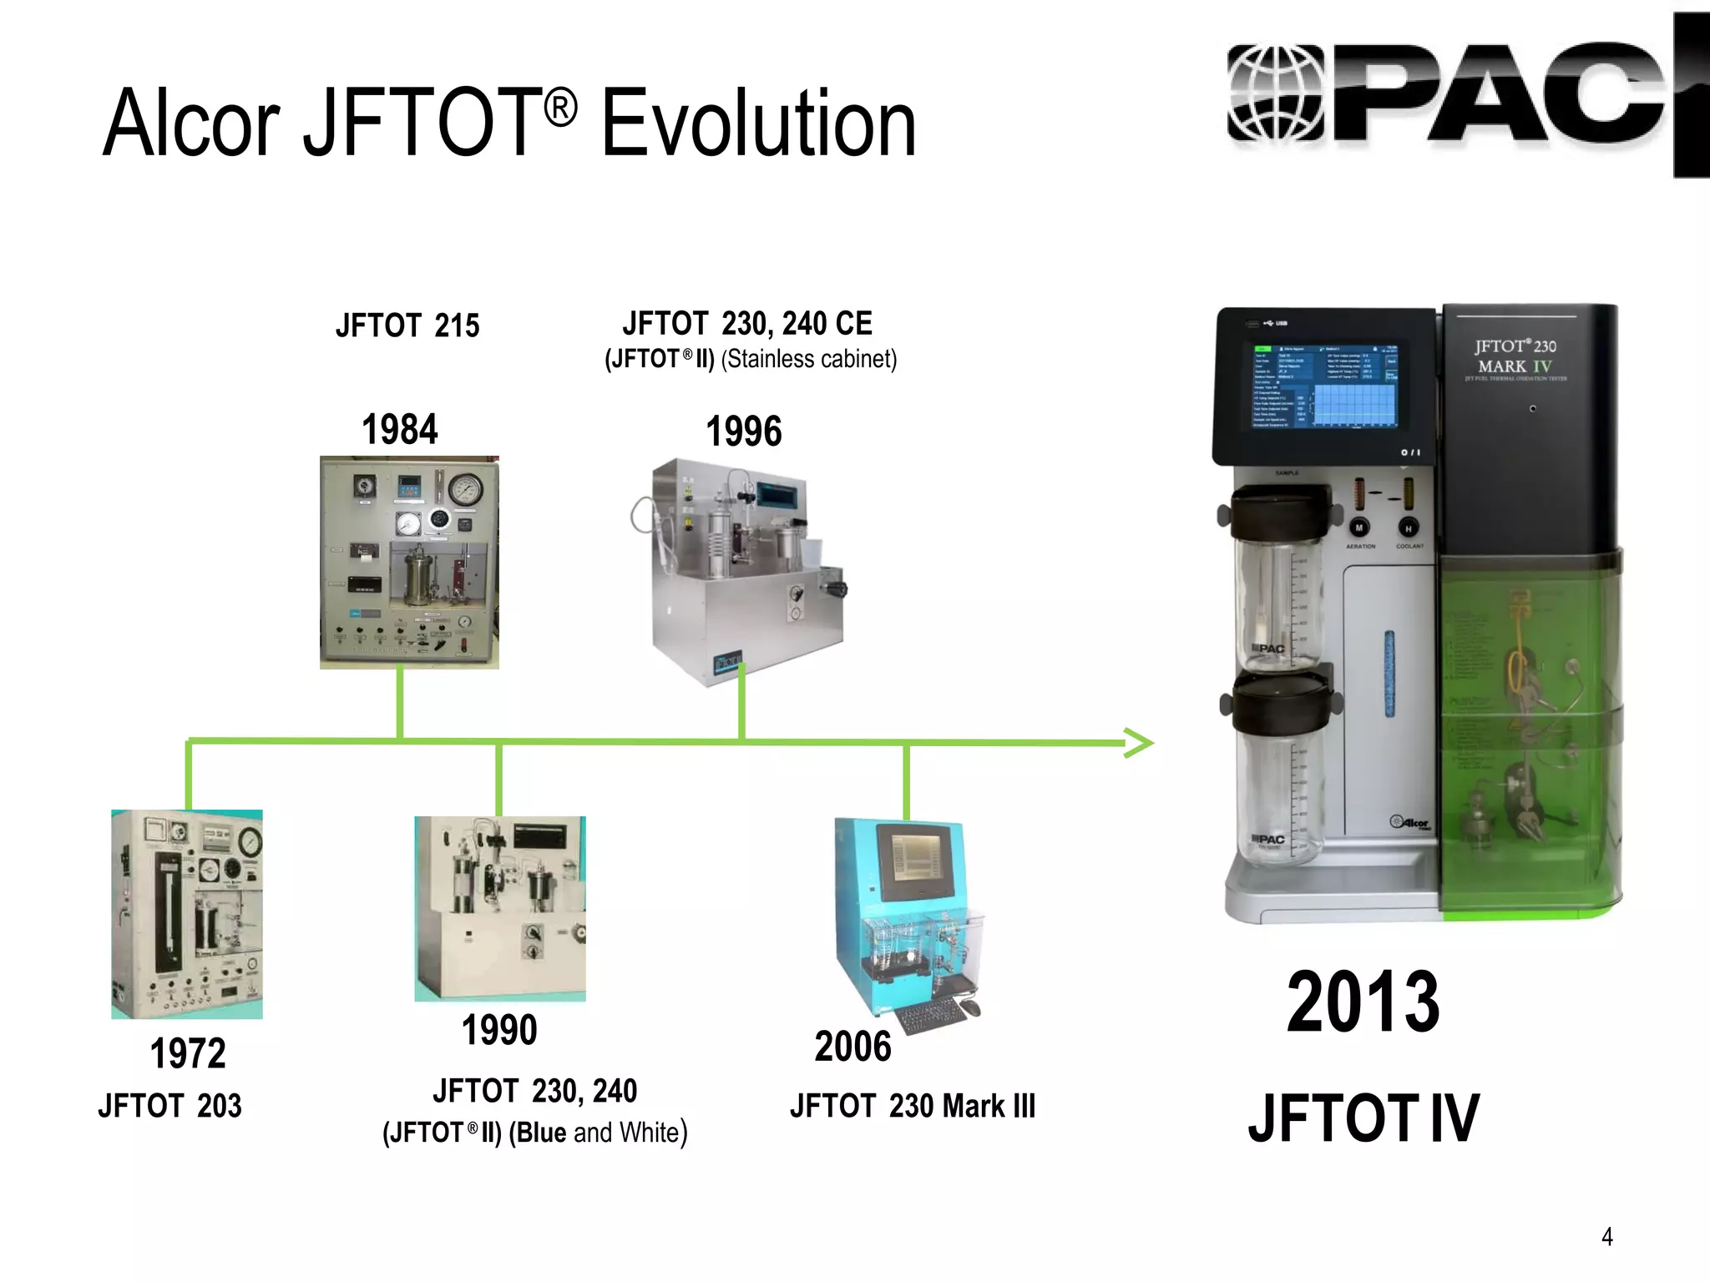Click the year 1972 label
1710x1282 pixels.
click(188, 1053)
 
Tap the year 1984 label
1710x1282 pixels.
click(399, 430)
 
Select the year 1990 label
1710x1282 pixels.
click(499, 1030)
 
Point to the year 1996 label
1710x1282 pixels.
click(744, 432)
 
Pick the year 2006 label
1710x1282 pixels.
click(852, 1047)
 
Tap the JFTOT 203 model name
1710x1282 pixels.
click(169, 1106)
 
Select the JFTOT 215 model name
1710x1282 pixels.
click(407, 326)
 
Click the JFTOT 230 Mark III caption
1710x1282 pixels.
click(913, 1106)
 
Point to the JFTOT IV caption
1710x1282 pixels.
click(1363, 1118)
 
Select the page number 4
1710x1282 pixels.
click(1606, 1237)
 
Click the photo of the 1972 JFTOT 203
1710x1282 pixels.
click(187, 914)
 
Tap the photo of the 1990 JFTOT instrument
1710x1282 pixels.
click(500, 908)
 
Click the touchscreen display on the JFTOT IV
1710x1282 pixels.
click(1323, 385)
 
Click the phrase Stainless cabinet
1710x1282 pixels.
click(808, 359)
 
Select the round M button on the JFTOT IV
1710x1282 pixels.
click(1358, 528)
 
